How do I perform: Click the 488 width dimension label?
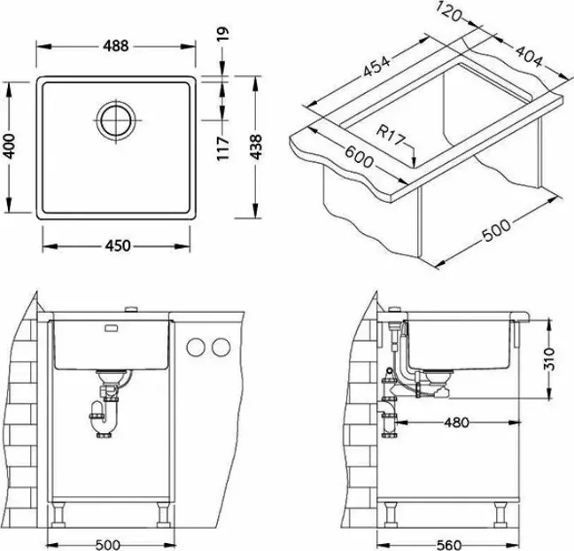coord(116,46)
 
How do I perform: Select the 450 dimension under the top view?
coord(118,245)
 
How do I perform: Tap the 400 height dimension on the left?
coord(9,146)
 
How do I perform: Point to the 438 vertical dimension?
coord(255,147)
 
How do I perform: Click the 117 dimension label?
coord(223,148)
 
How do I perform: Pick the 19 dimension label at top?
coord(223,34)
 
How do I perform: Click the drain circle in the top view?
coord(116,120)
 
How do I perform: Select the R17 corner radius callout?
coord(392,135)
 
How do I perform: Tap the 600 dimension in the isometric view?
coord(359,157)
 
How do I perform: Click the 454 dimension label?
coord(376,66)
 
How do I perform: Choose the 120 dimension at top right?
coord(450,12)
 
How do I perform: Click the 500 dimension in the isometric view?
coord(496,230)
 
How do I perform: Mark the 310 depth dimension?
coord(549,359)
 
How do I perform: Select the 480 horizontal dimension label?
coord(456,423)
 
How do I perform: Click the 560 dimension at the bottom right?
coord(449,545)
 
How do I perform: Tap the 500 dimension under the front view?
coord(108,545)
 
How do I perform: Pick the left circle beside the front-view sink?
coord(196,347)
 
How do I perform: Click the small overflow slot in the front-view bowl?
coord(112,328)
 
